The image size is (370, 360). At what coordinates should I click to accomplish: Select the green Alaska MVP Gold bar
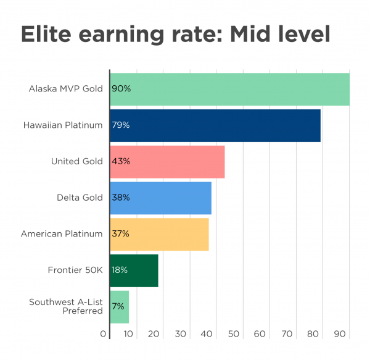tap(229, 89)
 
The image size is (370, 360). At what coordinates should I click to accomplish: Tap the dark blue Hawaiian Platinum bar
tap(215, 125)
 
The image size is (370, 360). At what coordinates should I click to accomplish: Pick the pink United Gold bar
tap(167, 162)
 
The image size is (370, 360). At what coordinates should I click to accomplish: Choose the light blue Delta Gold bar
tap(160, 198)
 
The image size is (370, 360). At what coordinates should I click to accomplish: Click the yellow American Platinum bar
tap(159, 234)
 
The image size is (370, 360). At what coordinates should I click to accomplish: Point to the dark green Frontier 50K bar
tap(134, 270)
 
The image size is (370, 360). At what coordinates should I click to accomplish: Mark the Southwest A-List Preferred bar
tap(120, 306)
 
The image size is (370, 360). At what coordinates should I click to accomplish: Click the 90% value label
tap(121, 89)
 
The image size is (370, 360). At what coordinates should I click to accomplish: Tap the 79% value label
tap(121, 125)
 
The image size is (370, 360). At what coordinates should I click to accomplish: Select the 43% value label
tap(121, 162)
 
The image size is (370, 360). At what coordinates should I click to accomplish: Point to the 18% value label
tap(120, 270)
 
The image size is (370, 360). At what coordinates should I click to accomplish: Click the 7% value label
tap(118, 306)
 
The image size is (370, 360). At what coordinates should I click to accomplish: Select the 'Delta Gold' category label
tap(80, 198)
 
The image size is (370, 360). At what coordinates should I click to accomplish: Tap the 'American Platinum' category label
tap(62, 234)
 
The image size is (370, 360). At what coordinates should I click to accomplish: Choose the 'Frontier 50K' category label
tap(75, 270)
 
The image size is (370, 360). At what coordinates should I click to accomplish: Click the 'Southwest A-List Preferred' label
tap(66, 306)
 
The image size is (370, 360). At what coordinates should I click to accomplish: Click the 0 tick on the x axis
tap(103, 334)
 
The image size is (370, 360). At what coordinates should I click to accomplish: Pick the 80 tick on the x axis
tap(313, 334)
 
